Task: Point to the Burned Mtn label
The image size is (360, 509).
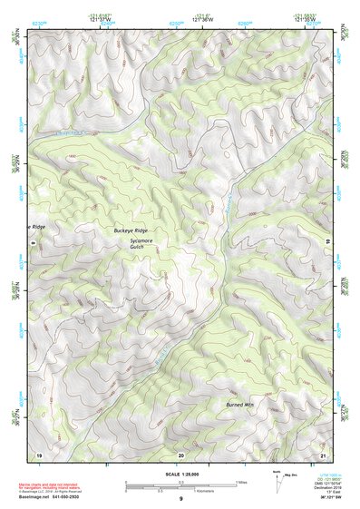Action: (x=235, y=404)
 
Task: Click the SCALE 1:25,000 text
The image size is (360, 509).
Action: (x=180, y=475)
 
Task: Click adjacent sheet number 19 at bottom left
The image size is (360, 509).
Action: (x=39, y=454)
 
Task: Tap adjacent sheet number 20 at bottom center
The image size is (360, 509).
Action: (x=180, y=454)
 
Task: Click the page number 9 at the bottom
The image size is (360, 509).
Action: (x=180, y=499)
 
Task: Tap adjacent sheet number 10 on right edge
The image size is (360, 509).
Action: (x=327, y=241)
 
